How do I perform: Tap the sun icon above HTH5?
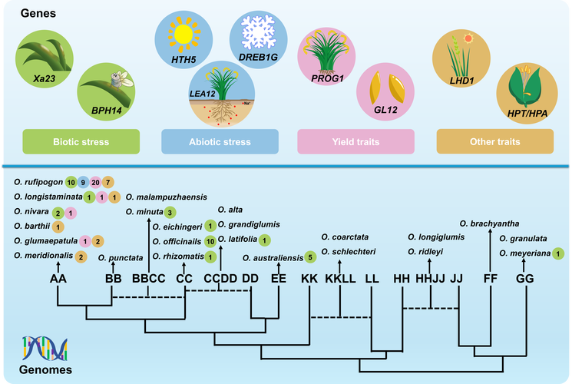pos(183,34)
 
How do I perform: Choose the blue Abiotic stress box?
pos(218,141)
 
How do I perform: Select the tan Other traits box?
pos(495,141)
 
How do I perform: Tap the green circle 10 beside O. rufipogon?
pos(71,183)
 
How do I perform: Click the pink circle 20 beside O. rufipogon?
pos(95,183)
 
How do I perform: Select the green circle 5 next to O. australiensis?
pos(309,257)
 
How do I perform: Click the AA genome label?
pos(58,278)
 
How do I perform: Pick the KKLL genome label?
pos(341,278)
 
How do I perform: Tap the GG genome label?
pos(526,278)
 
